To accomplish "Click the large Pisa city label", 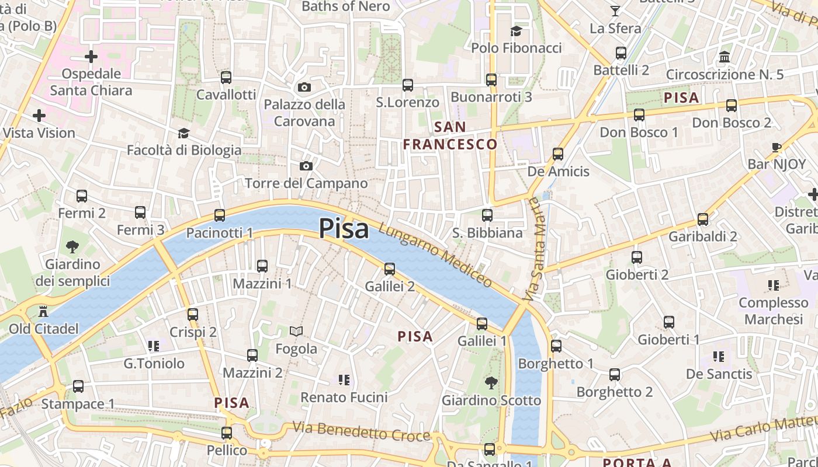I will tap(344, 229).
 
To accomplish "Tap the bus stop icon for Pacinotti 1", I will tap(220, 215).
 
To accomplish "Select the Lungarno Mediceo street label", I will tap(435, 255).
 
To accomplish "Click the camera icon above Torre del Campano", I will tap(306, 166).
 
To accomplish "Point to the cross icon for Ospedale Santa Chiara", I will tap(91, 57).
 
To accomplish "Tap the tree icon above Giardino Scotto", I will tap(491, 383).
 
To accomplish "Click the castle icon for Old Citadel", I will tap(43, 311).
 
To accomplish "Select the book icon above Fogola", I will tap(296, 332).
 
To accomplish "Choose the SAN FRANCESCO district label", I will tap(450, 135).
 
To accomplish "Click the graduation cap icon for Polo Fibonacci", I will tap(516, 30).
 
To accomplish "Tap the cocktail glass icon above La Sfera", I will tap(615, 11).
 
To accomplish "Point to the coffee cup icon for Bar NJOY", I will tap(777, 147).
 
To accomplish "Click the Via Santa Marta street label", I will tap(533, 249).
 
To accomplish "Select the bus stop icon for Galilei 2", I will tap(390, 269).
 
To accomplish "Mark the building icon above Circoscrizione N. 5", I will tap(725, 57).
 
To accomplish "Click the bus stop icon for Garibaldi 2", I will tap(703, 219).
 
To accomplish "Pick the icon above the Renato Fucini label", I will tap(344, 380).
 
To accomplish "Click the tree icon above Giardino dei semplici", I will tap(72, 247).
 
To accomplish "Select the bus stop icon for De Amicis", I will tap(558, 154).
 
